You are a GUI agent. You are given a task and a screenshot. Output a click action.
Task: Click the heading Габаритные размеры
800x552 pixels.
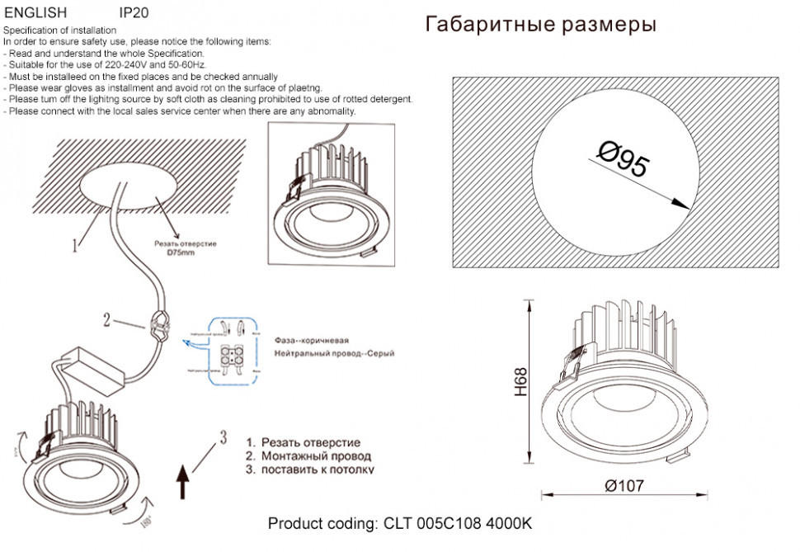[x=540, y=25]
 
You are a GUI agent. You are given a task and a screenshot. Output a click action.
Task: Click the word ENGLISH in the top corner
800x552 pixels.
[x=35, y=13]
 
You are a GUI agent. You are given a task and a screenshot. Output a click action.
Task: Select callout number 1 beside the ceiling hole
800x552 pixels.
[x=75, y=244]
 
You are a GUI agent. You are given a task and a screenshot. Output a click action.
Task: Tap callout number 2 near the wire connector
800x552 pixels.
[x=106, y=320]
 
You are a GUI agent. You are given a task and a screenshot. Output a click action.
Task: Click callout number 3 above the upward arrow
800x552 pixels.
[x=222, y=437]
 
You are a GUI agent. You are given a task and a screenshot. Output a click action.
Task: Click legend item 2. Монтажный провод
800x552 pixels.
[x=308, y=455]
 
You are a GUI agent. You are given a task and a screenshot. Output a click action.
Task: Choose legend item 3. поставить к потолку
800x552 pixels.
[x=310, y=469]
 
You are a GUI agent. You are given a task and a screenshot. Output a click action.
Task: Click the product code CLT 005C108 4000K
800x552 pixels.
[x=401, y=525]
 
